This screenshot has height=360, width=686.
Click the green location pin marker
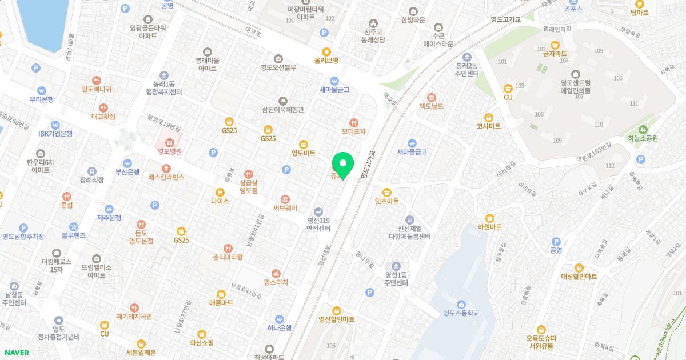pyautogui.click(x=343, y=165)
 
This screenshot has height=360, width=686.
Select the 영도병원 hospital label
pyautogui.click(x=170, y=151)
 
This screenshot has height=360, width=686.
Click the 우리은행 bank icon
pyautogui.click(x=42, y=90)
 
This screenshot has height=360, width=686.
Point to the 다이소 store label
pyautogui.click(x=220, y=201)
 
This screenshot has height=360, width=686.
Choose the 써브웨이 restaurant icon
pyautogui.click(x=285, y=198)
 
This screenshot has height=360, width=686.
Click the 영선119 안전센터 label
pyautogui.click(x=318, y=225)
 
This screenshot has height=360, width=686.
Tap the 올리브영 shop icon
pyautogui.click(x=326, y=51)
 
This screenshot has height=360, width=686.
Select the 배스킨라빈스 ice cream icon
pyautogui.click(x=166, y=168)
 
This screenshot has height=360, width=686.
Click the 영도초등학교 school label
pyautogui.click(x=461, y=313)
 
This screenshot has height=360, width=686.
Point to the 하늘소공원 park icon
pyautogui.click(x=643, y=129)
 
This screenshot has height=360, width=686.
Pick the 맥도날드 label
pyautogui.click(x=431, y=106)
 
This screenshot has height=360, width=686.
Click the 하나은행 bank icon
pyautogui.click(x=280, y=319)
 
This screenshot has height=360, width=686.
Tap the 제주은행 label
pyautogui.click(x=109, y=218)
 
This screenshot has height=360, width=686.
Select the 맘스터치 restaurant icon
pyautogui.click(x=276, y=273)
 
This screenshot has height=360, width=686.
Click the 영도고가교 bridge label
pyautogui.click(x=506, y=19)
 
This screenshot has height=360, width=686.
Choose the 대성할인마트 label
pyautogui.click(x=579, y=277)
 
